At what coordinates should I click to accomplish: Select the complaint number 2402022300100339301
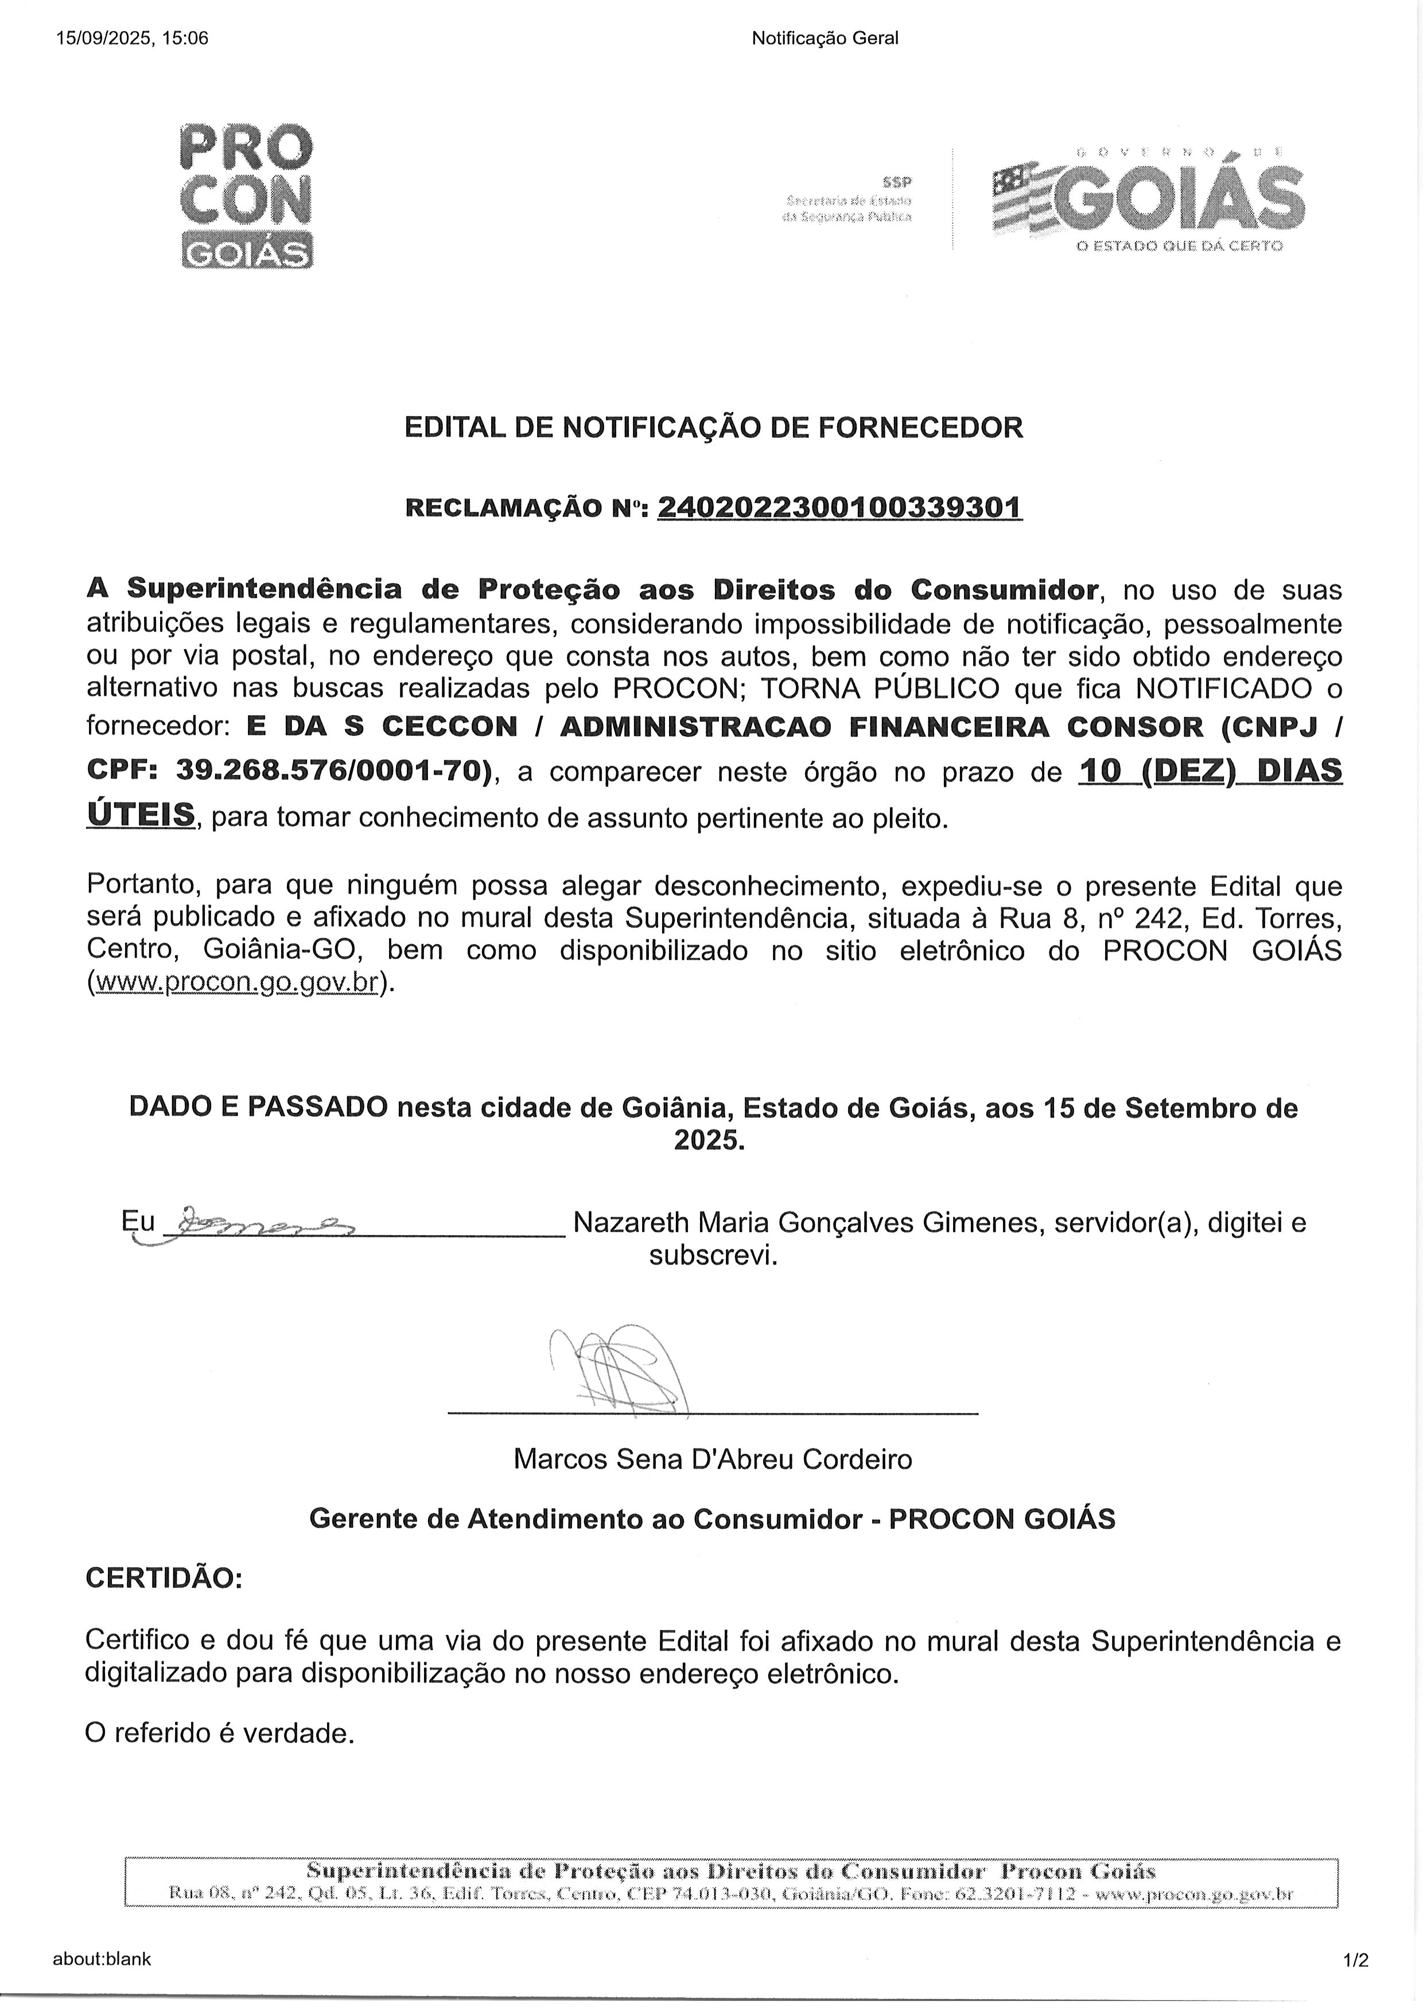[839, 507]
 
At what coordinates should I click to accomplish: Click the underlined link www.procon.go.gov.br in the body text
[236, 983]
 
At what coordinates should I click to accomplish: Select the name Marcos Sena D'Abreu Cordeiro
[713, 1459]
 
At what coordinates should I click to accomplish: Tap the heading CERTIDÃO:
[164, 1578]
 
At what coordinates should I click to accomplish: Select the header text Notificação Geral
[825, 38]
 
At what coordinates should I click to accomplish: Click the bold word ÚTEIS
[140, 815]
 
